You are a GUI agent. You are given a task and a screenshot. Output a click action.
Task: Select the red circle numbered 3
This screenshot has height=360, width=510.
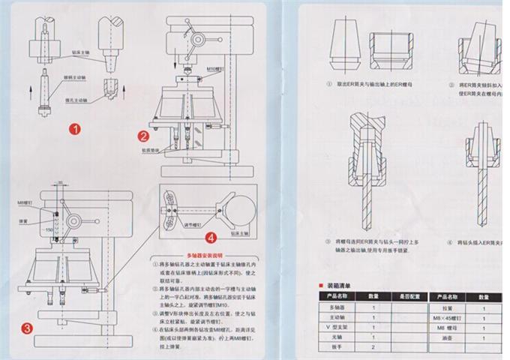[27, 327]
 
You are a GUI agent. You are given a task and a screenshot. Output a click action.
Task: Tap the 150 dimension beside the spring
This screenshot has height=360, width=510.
[49, 228]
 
